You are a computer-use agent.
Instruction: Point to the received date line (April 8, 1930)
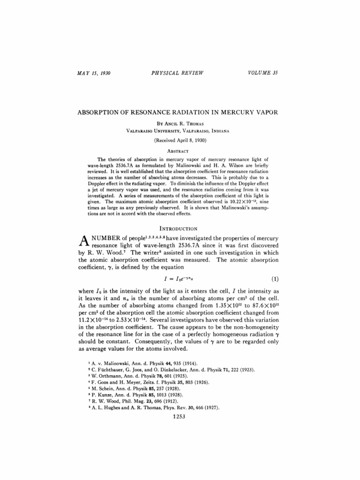180,140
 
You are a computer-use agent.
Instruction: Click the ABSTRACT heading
180,151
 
